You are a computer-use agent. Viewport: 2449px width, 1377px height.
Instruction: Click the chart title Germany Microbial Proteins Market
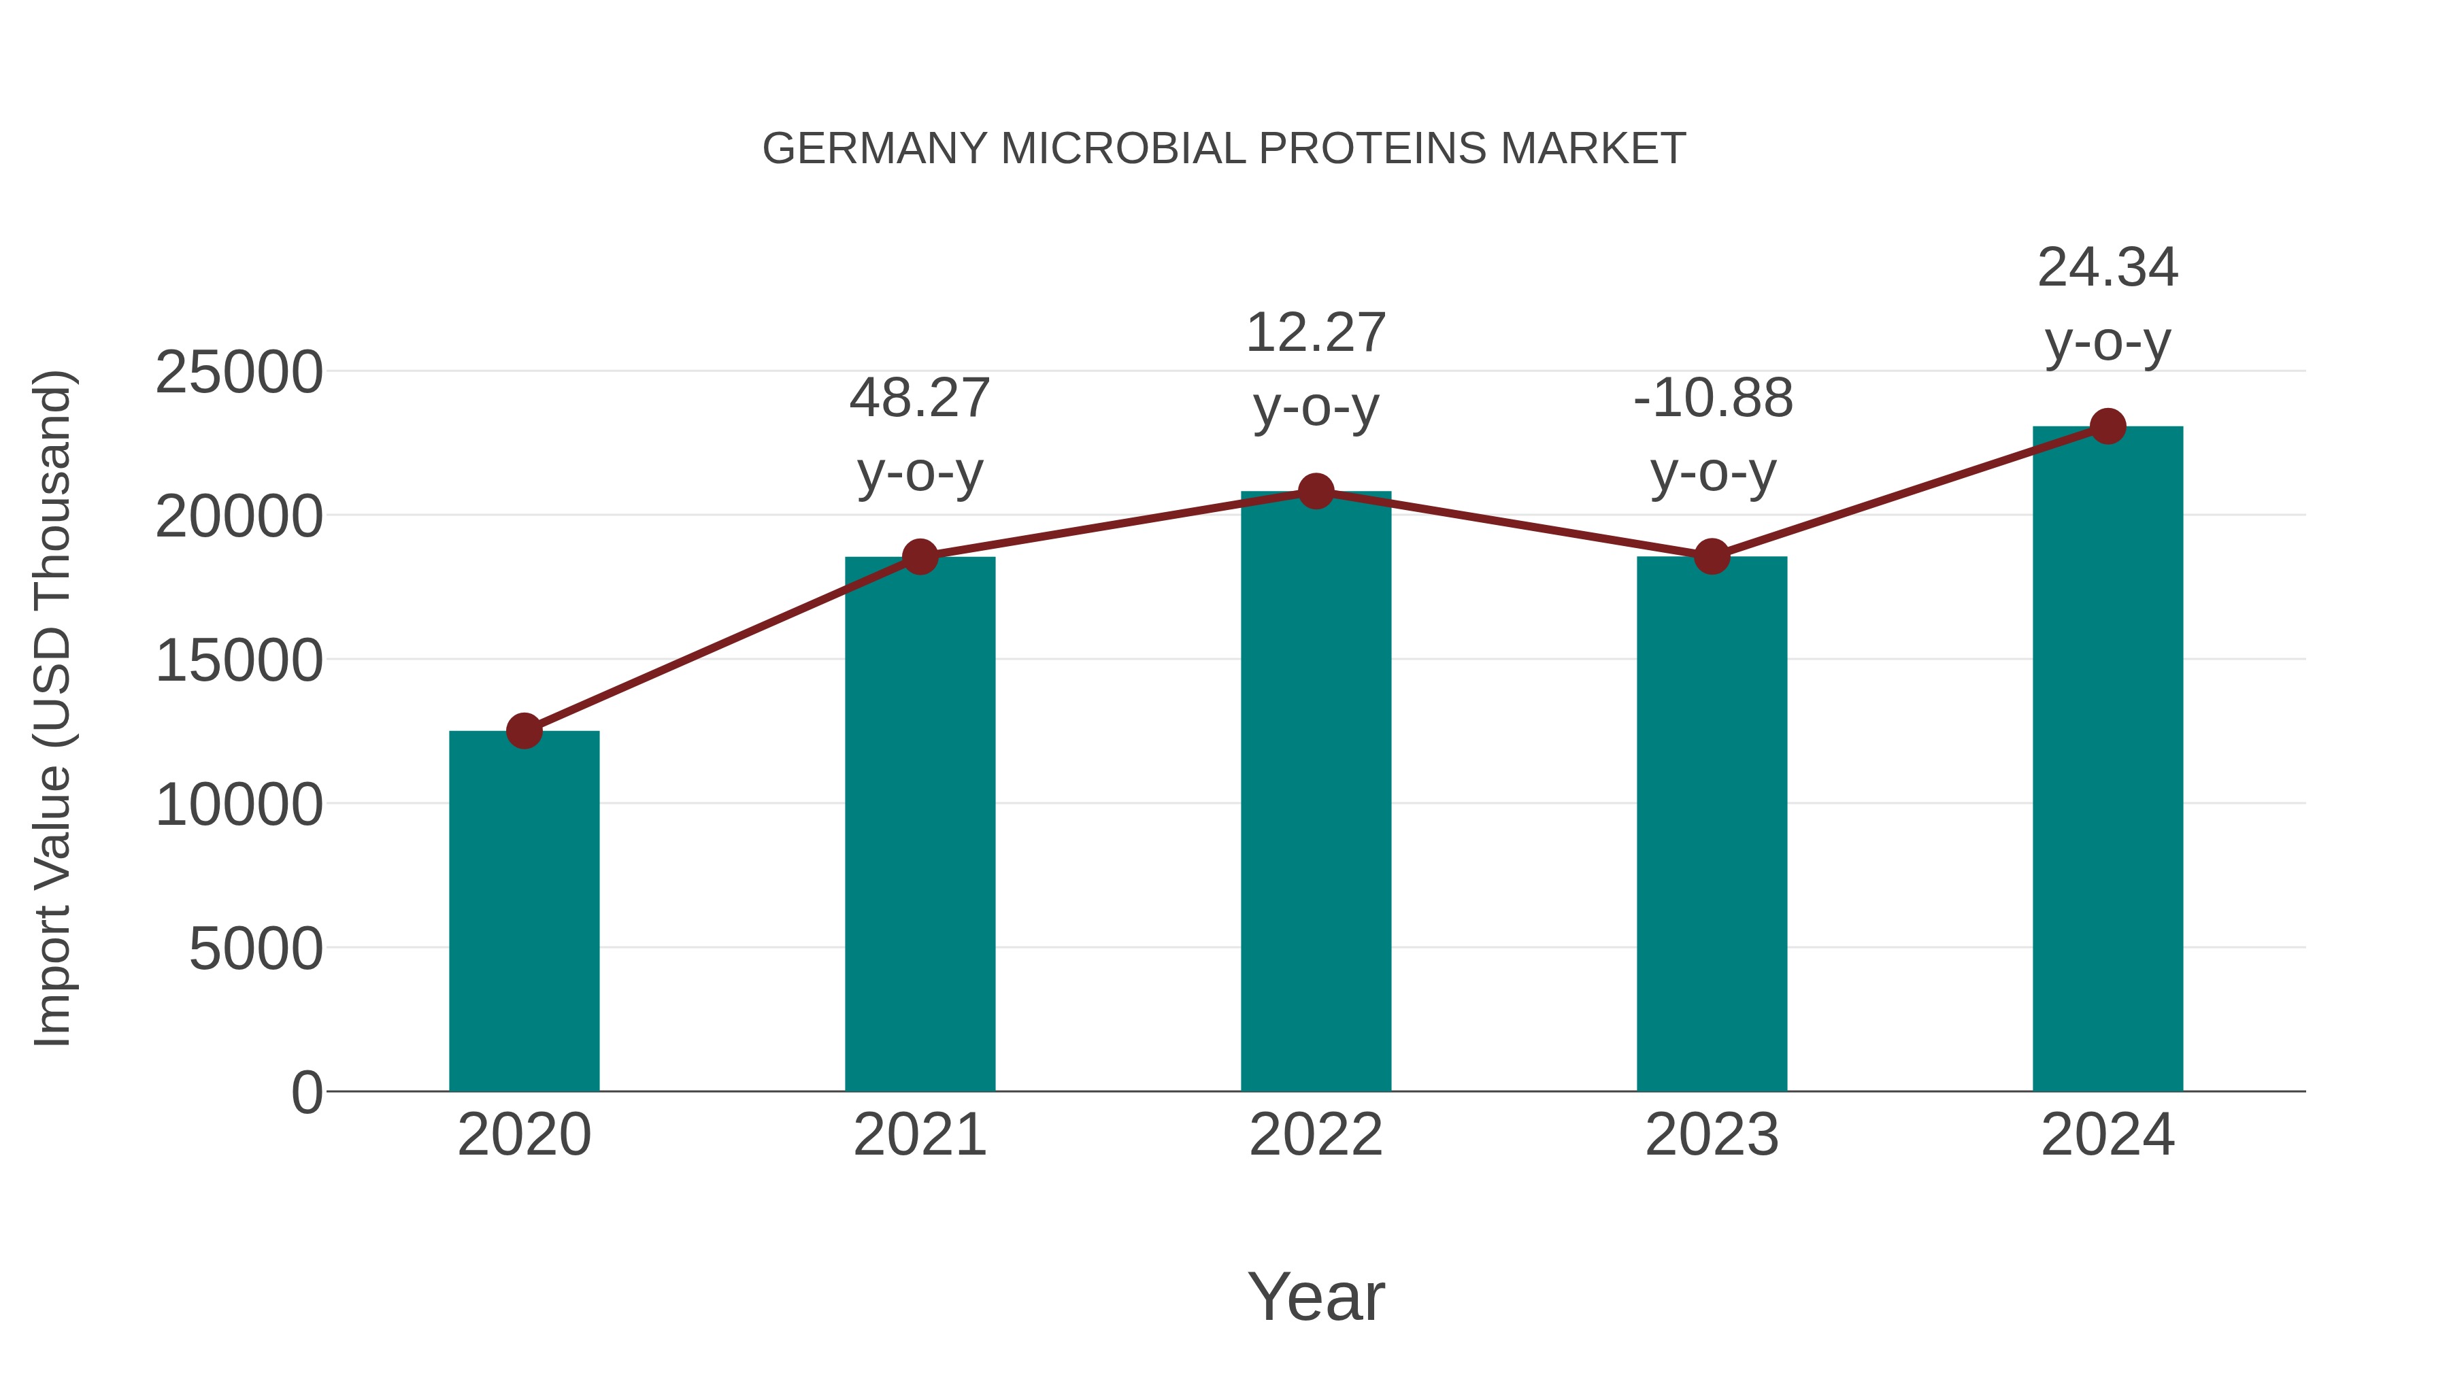(1224, 149)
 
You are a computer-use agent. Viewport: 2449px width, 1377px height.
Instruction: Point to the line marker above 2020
(524, 731)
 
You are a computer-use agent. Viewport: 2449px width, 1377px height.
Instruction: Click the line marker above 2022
(1316, 492)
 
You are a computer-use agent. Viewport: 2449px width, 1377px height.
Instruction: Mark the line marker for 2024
(2108, 426)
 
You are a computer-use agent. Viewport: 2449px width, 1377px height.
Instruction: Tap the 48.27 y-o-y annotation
(919, 435)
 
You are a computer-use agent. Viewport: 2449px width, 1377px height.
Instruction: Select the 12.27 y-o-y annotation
(1316, 370)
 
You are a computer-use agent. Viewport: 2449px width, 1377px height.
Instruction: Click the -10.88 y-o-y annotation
(1712, 435)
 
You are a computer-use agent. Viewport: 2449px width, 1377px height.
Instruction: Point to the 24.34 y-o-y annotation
(2108, 304)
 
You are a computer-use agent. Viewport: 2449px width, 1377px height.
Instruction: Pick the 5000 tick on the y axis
(256, 949)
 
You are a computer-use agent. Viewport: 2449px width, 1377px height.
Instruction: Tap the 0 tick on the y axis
(306, 1092)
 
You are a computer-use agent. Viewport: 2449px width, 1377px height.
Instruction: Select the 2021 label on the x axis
(919, 1135)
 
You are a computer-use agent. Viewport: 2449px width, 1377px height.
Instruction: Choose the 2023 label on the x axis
(1712, 1135)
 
